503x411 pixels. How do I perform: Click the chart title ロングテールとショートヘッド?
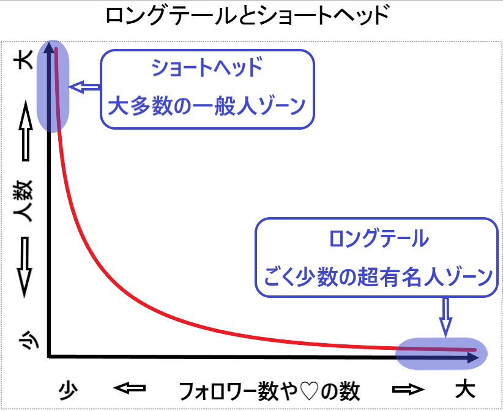click(247, 17)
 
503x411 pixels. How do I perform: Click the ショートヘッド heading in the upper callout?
click(207, 68)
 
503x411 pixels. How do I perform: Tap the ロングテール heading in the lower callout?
click(379, 239)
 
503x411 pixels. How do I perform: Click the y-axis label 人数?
click(23, 201)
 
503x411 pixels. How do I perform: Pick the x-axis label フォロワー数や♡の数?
click(269, 391)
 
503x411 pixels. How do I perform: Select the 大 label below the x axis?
click(465, 390)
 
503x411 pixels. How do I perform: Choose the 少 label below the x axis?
click(68, 390)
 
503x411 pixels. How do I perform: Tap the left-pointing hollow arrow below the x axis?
click(130, 388)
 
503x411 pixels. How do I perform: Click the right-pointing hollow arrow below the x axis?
click(409, 389)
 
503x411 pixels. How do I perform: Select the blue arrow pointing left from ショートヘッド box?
click(84, 87)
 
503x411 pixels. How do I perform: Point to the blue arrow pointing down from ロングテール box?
click(446, 317)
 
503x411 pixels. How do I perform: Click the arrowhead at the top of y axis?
click(49, 48)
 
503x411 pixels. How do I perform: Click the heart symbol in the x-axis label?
click(308, 391)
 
